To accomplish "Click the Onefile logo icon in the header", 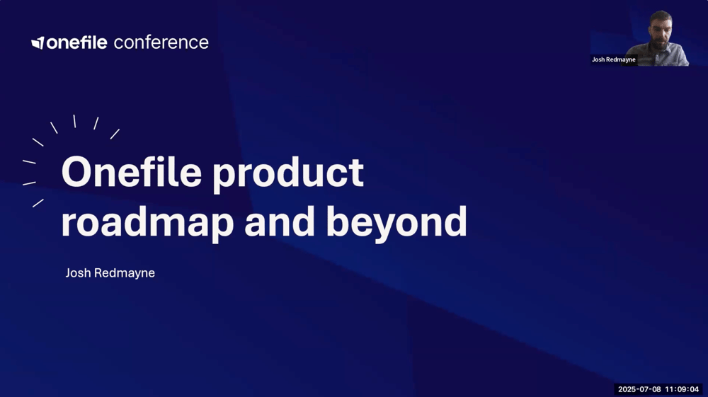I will [x=38, y=43].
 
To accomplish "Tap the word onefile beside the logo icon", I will [x=76, y=42].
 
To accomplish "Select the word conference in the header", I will [x=161, y=42].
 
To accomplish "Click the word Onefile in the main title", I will [x=131, y=172].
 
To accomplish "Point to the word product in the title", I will [x=288, y=173].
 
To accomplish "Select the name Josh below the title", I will [x=78, y=273].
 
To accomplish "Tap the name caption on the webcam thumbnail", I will [x=614, y=60].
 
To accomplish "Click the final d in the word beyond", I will [x=455, y=221].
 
